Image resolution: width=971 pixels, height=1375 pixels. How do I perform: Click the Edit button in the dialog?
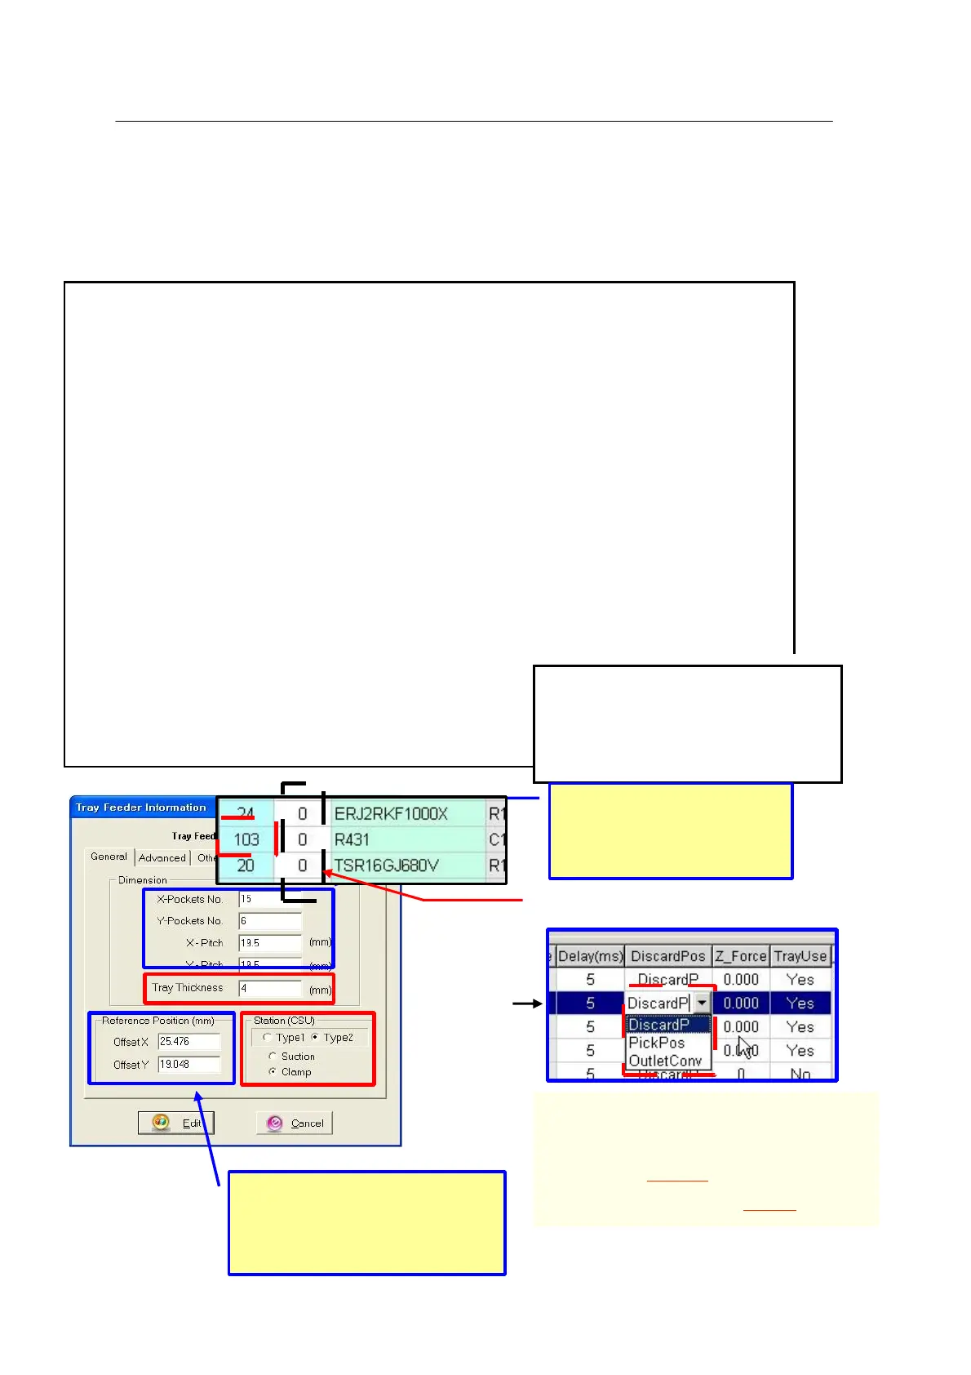(176, 1123)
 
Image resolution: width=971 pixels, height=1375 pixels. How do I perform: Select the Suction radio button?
(273, 1057)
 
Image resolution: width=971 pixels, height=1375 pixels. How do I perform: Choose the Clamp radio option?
(273, 1072)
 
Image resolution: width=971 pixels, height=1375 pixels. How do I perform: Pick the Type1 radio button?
(267, 1038)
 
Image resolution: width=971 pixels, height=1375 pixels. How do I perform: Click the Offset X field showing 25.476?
(188, 1042)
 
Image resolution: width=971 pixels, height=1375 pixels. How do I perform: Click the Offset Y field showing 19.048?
(188, 1065)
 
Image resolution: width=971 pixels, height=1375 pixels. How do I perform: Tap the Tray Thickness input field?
(270, 988)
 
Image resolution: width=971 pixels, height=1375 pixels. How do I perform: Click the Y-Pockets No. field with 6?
(270, 921)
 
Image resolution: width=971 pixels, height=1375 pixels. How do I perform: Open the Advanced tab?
(162, 858)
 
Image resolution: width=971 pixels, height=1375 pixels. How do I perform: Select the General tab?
(109, 857)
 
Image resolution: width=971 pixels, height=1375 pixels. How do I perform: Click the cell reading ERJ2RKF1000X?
(406, 814)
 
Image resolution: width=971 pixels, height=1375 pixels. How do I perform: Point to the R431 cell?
(406, 839)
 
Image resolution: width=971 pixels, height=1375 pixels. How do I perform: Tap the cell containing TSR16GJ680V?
(406, 865)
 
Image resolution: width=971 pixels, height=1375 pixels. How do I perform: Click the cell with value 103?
(246, 839)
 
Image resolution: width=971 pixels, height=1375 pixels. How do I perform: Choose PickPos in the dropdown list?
(657, 1043)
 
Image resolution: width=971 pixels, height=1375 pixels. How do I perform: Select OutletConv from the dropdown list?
(665, 1061)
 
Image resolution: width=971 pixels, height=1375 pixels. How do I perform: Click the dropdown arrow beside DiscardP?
(702, 1003)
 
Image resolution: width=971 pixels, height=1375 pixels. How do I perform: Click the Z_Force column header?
(741, 956)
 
